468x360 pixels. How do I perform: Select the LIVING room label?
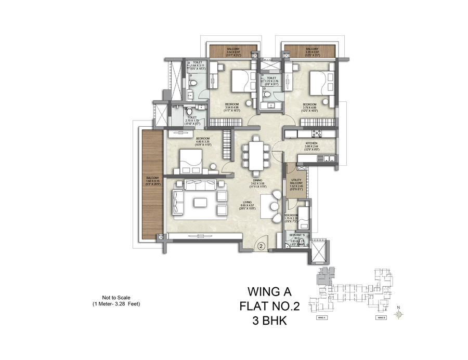(x=254, y=204)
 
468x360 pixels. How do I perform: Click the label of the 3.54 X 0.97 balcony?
(x=233, y=50)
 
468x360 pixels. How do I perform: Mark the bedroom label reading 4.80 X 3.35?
(x=203, y=141)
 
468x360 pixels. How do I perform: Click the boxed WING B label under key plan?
(x=381, y=317)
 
